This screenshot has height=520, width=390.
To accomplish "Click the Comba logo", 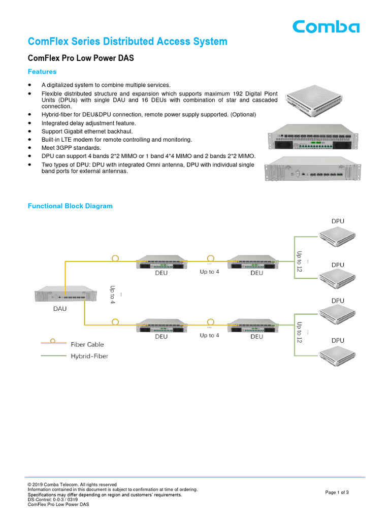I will pyautogui.click(x=326, y=26).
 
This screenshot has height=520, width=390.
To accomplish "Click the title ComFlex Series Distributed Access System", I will pyautogui.click(x=127, y=42).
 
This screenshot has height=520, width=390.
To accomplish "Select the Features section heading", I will pyautogui.click(x=42, y=72).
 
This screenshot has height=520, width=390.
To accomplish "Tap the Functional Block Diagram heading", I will pyautogui.click(x=70, y=206).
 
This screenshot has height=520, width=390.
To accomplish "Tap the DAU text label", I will pyautogui.click(x=59, y=308).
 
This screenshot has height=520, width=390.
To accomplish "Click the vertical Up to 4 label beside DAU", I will pyautogui.click(x=113, y=295).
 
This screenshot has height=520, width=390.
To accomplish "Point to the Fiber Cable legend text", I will pyautogui.click(x=87, y=344).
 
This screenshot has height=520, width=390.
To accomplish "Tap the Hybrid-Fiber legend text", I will pyautogui.click(x=89, y=356).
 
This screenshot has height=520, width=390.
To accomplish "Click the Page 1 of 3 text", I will pyautogui.click(x=337, y=493).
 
